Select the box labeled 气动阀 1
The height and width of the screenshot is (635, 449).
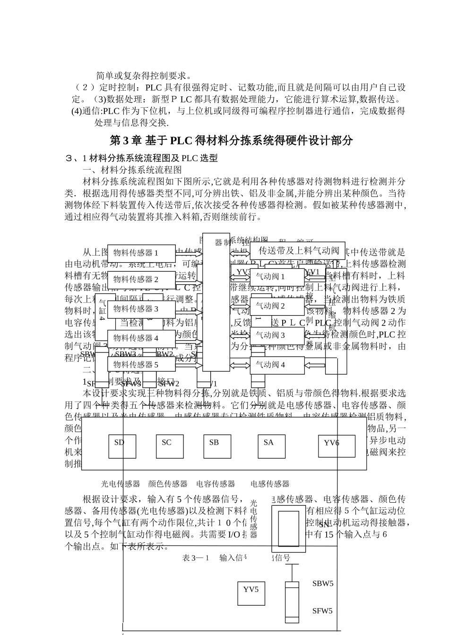pos(277,277)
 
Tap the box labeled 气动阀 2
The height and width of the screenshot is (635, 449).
pos(277,306)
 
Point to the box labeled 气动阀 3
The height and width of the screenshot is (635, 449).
pos(277,335)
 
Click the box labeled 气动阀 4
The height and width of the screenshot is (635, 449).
pos(277,365)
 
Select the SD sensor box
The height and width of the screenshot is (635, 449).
pos(122,446)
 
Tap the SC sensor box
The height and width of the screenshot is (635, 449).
pos(170,446)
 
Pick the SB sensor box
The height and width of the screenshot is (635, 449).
pos(217,446)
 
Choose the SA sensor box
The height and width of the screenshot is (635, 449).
pos(272,446)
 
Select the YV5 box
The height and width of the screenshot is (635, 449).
pos(251,593)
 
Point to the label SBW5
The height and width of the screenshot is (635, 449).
pos(323,584)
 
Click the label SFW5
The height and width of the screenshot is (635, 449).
pos(322,611)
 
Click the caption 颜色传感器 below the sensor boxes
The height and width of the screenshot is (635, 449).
pos(168,484)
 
